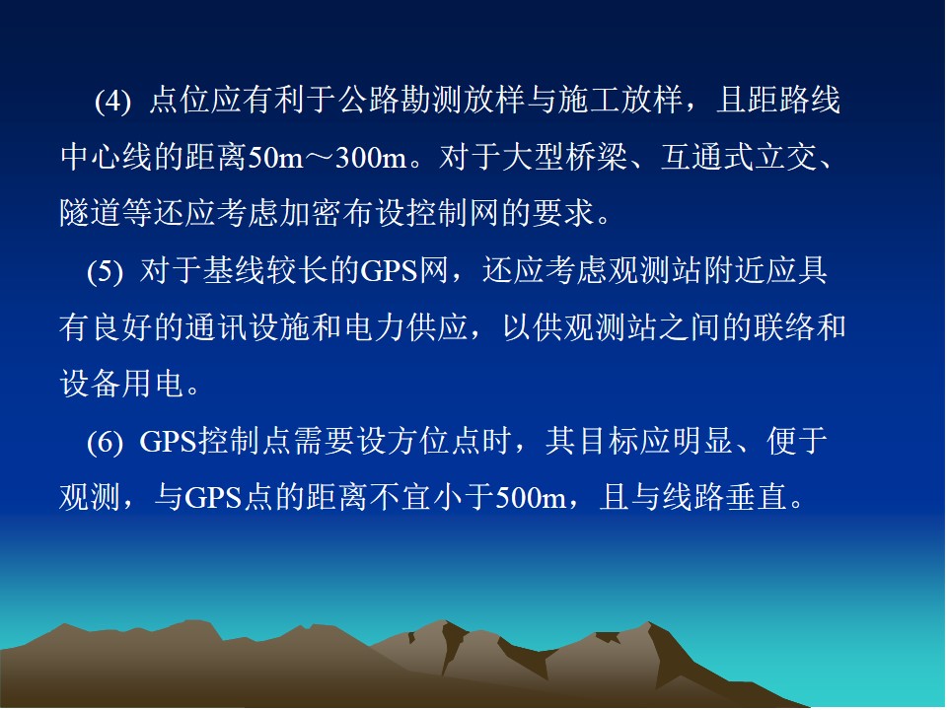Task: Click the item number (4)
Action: point(112,101)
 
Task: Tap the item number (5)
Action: point(105,271)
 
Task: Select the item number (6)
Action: point(105,442)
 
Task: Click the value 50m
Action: point(276,158)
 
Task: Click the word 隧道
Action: point(91,213)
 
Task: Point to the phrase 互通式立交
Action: point(739,157)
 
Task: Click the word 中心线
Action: point(107,157)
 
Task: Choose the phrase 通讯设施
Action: point(248,327)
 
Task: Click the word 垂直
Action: point(757,498)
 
